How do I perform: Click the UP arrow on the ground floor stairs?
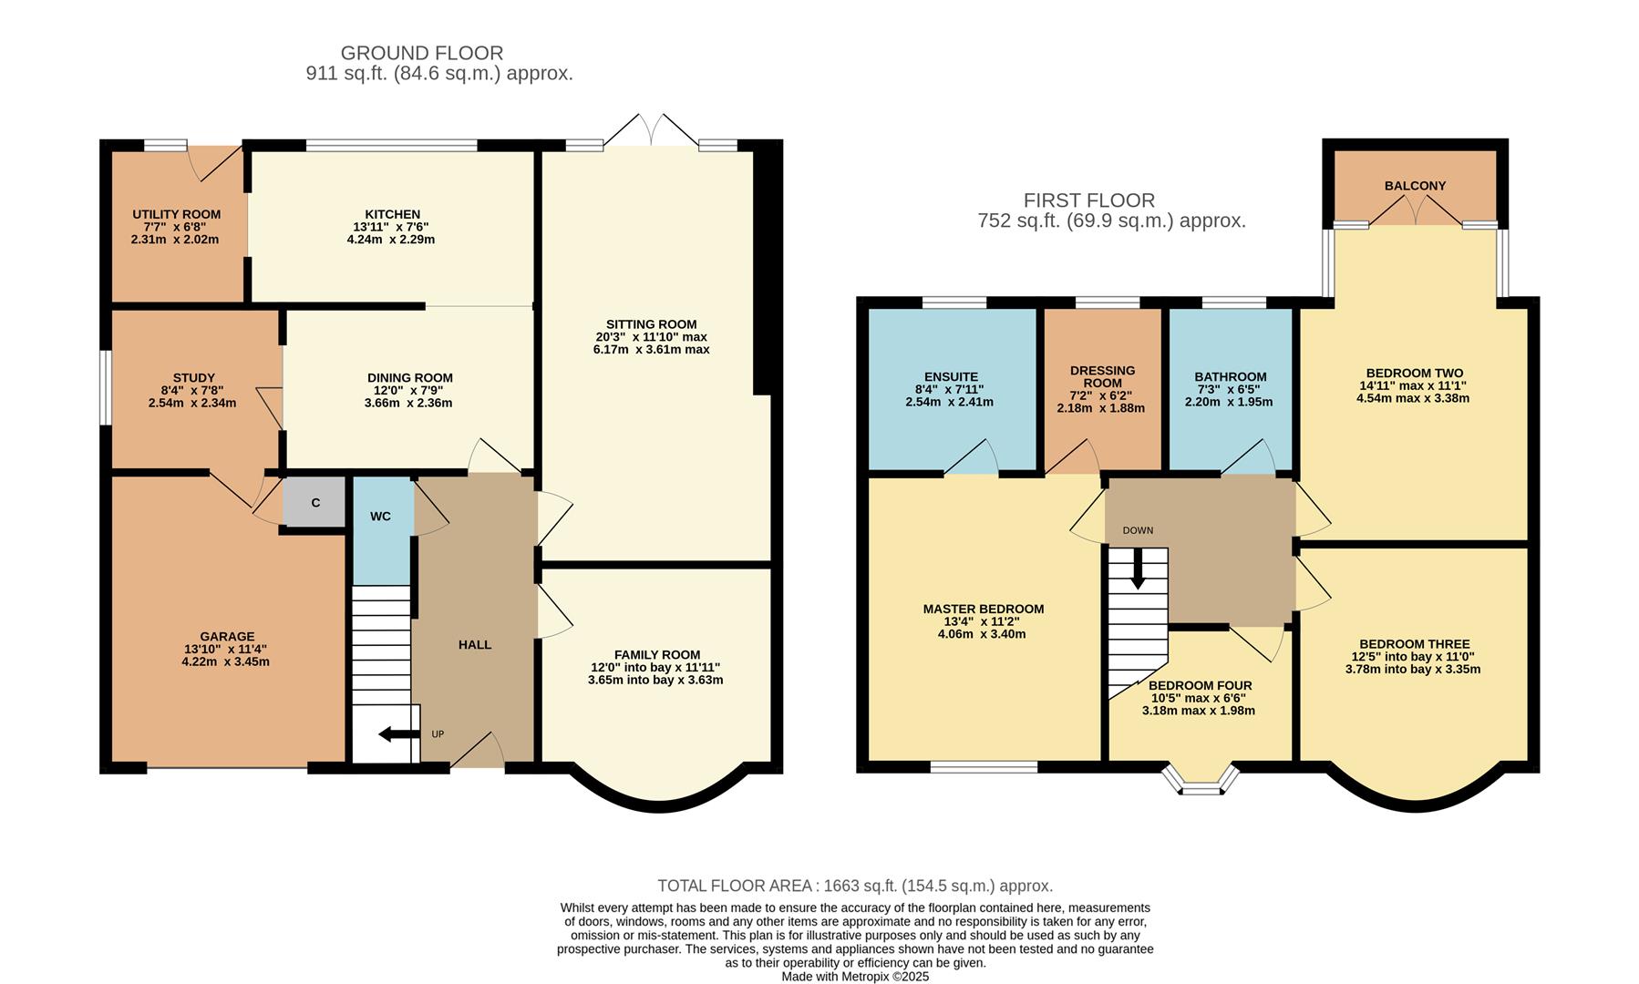[x=398, y=734]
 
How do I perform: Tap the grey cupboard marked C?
[x=315, y=503]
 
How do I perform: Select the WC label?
[x=380, y=517]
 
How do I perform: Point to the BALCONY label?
[x=1415, y=186]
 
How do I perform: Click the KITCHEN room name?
[x=392, y=215]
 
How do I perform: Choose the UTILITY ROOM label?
[x=176, y=215]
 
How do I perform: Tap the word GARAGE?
[x=227, y=637]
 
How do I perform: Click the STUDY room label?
[x=193, y=378]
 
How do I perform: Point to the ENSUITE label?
[x=951, y=377]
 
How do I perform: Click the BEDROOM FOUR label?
[x=1200, y=686]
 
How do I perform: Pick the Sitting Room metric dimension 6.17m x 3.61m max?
[x=651, y=350]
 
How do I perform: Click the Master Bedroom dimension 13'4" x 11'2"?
[x=982, y=621]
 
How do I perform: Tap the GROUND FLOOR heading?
[x=421, y=54]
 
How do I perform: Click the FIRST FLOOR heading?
[x=1088, y=200]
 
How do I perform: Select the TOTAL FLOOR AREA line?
[x=855, y=886]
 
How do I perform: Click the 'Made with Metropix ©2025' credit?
[x=855, y=976]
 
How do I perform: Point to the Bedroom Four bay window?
[x=1201, y=782]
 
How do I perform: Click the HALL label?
[x=474, y=645]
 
